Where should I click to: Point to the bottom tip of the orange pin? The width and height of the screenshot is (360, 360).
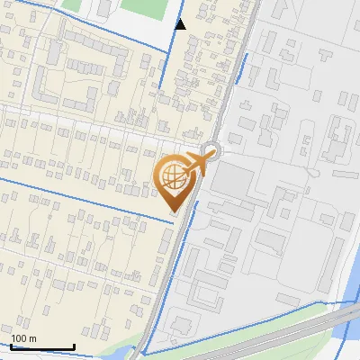(x=173, y=211)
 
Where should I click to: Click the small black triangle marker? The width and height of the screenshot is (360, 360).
(x=180, y=24)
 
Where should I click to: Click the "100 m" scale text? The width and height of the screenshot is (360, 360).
(x=25, y=337)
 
